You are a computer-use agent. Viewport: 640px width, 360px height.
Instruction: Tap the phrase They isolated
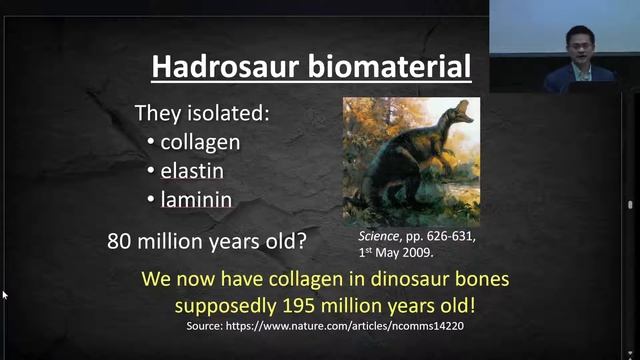click(203, 113)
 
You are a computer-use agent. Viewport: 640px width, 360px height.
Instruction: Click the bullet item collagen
click(200, 141)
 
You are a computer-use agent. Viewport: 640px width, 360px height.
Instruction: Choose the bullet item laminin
click(196, 199)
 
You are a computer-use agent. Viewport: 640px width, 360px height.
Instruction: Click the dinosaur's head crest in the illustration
click(462, 111)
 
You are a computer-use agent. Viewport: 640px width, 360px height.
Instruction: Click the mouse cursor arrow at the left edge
click(5, 295)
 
